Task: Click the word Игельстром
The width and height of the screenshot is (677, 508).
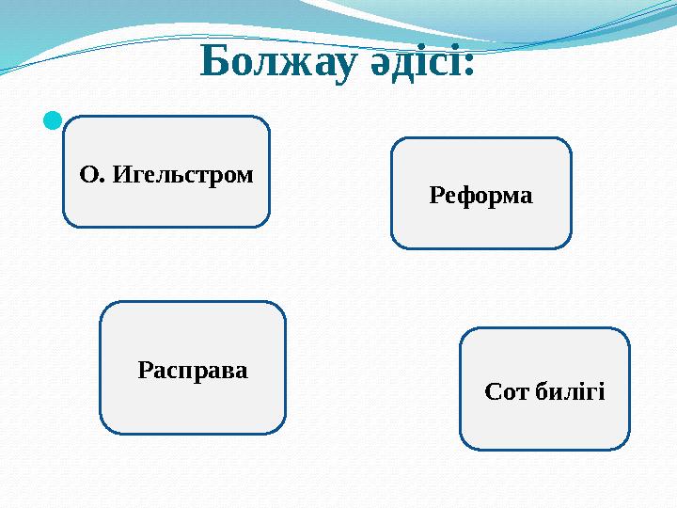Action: (x=181, y=174)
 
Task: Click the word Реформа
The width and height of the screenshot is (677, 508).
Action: (x=480, y=196)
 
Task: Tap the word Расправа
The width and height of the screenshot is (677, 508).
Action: (x=193, y=370)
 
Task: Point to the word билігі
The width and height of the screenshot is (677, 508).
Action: (x=570, y=390)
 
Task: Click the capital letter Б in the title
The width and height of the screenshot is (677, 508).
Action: (x=215, y=63)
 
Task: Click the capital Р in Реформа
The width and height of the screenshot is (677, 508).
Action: (x=436, y=196)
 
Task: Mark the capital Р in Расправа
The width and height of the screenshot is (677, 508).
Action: (x=145, y=370)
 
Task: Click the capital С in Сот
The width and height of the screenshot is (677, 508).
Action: (x=492, y=390)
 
